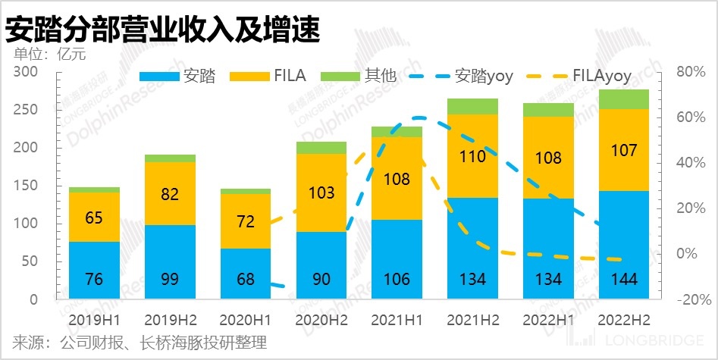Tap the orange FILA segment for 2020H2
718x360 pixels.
[x=321, y=193]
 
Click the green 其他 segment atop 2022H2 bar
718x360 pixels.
[x=624, y=99]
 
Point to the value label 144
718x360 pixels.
[x=624, y=280]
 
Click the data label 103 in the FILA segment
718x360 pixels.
[x=321, y=193]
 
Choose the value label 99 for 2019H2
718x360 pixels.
[x=170, y=280]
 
